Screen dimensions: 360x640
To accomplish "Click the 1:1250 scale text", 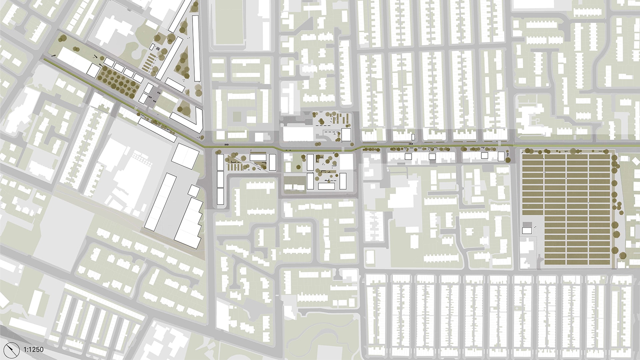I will coord(33,350).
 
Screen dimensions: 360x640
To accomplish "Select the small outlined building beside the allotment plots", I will coord(527,230).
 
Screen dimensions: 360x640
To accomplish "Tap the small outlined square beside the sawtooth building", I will coord(193,191).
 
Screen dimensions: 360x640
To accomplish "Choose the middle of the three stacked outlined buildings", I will coord(220,179).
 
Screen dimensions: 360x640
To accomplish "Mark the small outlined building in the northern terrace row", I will coord(413,137).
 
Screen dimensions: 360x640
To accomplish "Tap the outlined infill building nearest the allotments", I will coord(501,156).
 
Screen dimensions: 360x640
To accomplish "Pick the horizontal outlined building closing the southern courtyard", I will coord(326,186).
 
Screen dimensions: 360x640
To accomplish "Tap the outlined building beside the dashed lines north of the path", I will coord(346,135).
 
